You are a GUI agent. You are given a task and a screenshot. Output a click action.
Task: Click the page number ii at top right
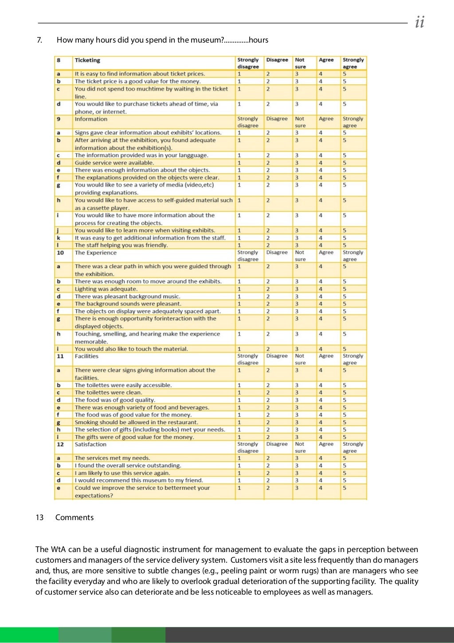[419, 22]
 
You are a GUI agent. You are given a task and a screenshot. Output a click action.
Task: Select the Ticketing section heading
[87, 60]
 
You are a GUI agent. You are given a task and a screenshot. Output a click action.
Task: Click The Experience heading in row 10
[95, 252]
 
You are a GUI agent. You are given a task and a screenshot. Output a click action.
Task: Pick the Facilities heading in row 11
[86, 356]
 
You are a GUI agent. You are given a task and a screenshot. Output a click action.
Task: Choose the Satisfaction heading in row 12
[90, 444]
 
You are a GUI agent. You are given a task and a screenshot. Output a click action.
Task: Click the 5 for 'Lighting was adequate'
[344, 289]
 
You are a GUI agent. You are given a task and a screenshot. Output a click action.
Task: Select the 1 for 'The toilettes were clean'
[239, 392]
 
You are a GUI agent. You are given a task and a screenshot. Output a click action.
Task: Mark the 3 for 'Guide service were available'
[297, 163]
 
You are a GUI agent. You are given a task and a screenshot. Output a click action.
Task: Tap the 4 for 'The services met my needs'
[321, 458]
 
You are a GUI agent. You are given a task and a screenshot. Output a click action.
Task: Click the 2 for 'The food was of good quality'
[268, 400]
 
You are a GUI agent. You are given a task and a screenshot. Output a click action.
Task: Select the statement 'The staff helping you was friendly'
[121, 245]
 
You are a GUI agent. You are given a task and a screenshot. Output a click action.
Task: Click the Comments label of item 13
[74, 517]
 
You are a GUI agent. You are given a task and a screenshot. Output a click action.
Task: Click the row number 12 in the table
[60, 444]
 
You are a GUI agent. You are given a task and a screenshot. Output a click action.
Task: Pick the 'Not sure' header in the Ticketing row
[300, 63]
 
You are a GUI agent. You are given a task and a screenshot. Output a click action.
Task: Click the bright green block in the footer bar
[29, 635]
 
